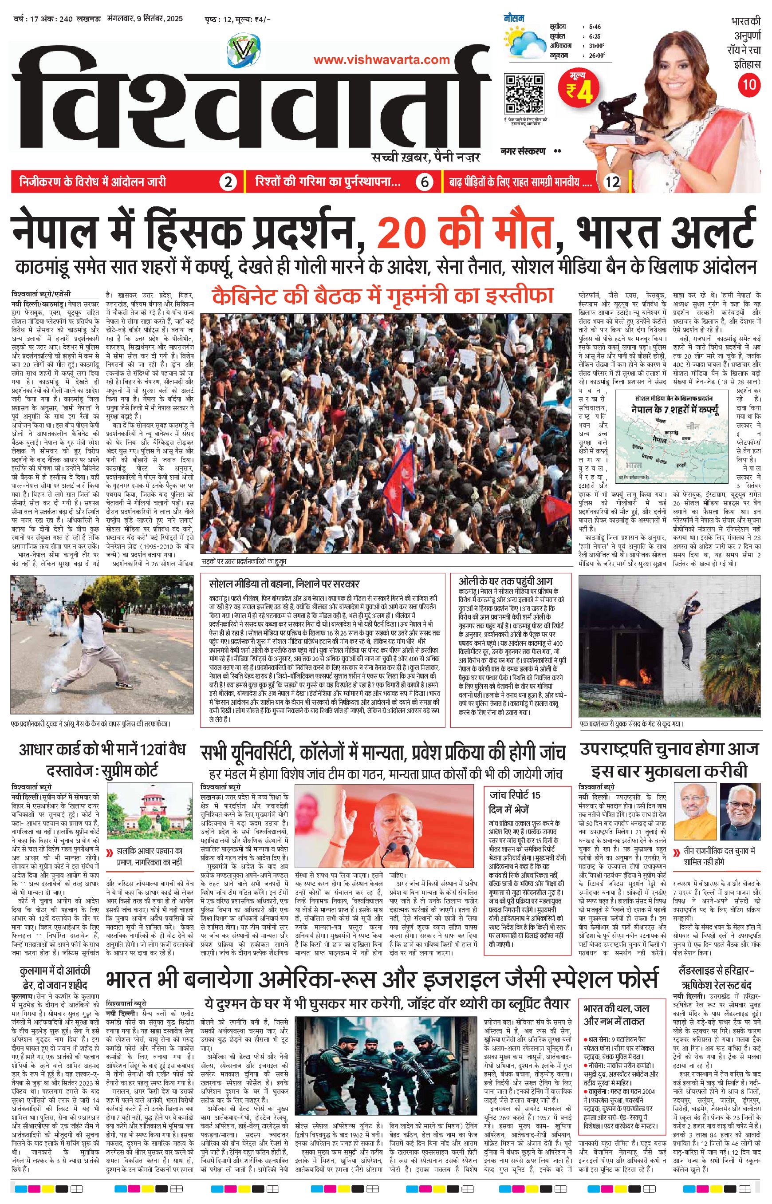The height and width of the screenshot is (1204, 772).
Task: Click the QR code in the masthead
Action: click(524, 94)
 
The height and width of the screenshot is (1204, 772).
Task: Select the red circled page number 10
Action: click(749, 84)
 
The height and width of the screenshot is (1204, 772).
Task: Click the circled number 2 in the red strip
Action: click(228, 182)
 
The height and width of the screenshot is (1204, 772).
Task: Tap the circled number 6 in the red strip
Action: click(424, 182)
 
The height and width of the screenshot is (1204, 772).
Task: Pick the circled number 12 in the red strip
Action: click(613, 182)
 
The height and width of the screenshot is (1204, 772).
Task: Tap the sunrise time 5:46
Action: click(595, 27)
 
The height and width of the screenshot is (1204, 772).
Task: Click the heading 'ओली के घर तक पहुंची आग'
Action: click(505, 581)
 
